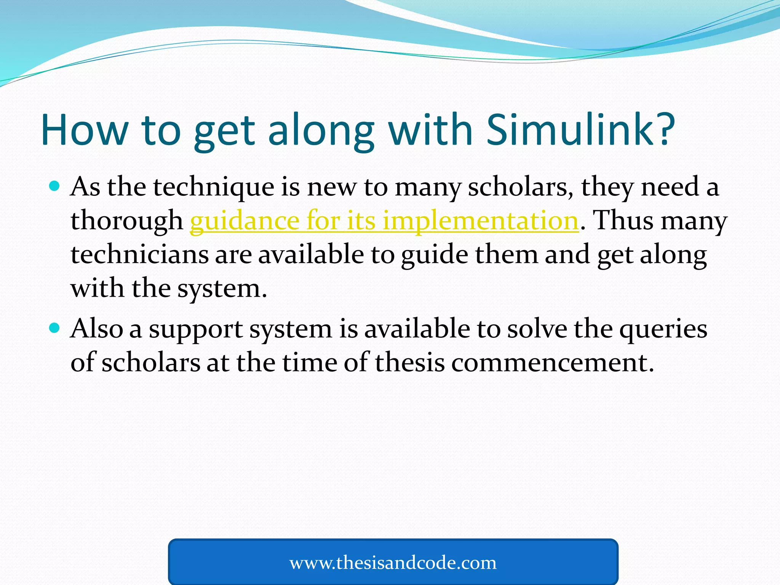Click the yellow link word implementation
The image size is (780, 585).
[481, 221]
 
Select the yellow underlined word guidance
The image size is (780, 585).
[243, 221]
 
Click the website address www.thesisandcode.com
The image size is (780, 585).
[393, 563]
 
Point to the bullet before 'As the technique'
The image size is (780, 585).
[55, 186]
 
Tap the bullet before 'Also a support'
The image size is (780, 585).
[55, 328]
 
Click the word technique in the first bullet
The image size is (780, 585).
[214, 187]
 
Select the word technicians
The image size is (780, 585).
[139, 254]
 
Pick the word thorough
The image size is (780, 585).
[127, 221]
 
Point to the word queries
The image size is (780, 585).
[663, 329]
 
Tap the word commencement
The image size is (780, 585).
[552, 362]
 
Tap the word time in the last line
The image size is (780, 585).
[310, 362]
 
